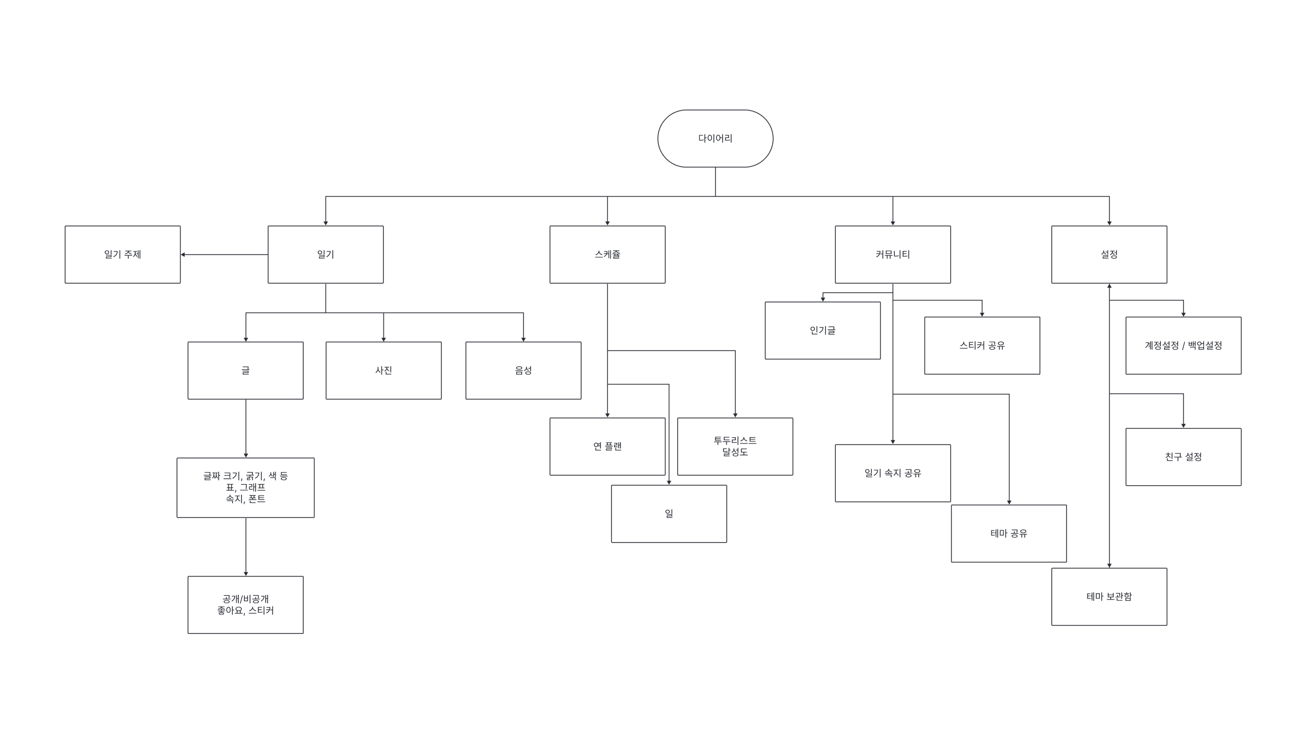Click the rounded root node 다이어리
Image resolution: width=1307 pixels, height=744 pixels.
715,138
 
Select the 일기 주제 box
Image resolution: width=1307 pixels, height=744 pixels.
123,255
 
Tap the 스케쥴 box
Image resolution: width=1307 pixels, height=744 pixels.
607,255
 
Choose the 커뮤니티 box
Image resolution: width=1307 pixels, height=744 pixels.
893,255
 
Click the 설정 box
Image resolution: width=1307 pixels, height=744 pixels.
1109,255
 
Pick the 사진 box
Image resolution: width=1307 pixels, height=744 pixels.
383,370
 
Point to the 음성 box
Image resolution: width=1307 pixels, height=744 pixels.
523,370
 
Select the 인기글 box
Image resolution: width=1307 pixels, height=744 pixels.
823,330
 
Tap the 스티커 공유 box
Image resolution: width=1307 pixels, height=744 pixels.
982,345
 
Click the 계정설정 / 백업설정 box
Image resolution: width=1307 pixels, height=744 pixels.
1183,345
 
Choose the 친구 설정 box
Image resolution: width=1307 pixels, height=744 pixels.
1183,457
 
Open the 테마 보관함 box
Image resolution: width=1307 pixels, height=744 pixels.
1109,597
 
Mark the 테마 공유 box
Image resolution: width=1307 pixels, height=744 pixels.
1009,533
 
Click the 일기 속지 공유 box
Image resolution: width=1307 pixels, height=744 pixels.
893,473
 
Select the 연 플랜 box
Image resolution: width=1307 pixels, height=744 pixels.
607,447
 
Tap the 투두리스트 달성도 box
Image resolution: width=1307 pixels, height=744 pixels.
735,447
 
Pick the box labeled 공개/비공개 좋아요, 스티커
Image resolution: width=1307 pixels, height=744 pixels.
246,605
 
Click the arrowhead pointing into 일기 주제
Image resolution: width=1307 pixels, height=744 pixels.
183,255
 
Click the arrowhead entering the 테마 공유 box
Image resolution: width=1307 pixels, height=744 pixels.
1009,502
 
